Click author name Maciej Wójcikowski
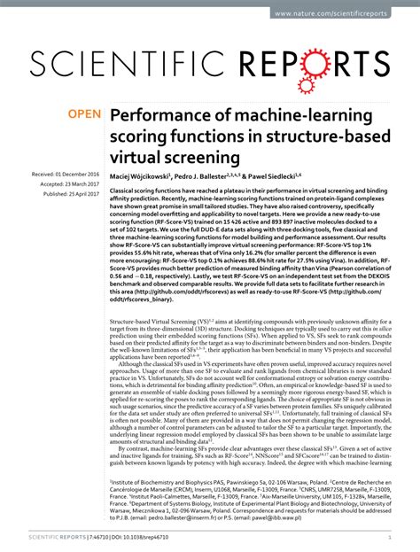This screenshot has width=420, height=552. coord(147,177)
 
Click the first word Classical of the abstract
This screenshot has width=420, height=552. coord(126,192)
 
